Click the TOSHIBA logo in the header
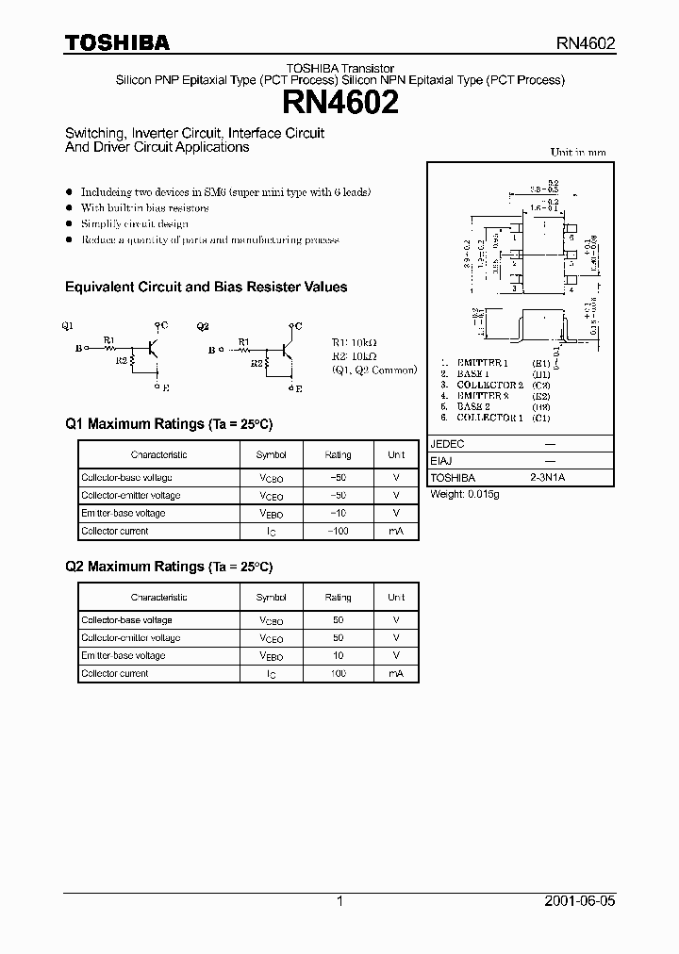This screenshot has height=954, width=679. tap(117, 42)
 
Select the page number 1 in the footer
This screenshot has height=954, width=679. tap(339, 901)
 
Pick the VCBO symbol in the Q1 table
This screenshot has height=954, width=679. tap(271, 478)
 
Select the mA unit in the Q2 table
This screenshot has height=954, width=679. tap(396, 674)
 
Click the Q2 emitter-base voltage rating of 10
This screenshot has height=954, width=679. tap(338, 656)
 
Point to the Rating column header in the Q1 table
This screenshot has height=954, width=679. tap(338, 454)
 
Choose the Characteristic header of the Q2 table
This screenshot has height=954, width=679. tap(158, 598)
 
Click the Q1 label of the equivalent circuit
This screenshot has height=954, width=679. tap(68, 326)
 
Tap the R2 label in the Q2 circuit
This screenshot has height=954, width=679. tap(257, 361)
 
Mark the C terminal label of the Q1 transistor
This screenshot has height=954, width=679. tap(164, 325)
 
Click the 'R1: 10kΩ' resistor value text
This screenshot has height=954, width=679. tap(355, 343)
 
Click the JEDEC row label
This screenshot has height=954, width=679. tap(447, 443)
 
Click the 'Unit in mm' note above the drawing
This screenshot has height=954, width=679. tap(577, 152)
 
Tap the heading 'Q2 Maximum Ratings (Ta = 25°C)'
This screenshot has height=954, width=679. tap(169, 567)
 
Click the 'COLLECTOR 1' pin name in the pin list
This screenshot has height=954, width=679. tap(489, 417)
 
